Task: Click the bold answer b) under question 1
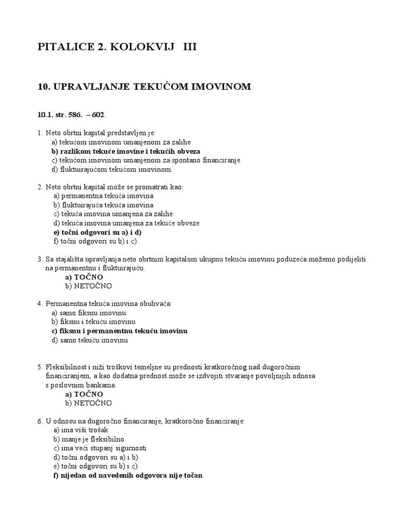pyautogui.click(x=126, y=151)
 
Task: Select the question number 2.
pyautogui.click(x=40, y=187)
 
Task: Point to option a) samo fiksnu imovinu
pyautogui.click(x=89, y=313)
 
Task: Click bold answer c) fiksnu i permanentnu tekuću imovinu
pyautogui.click(x=120, y=331)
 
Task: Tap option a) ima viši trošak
pyautogui.click(x=81, y=430)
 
